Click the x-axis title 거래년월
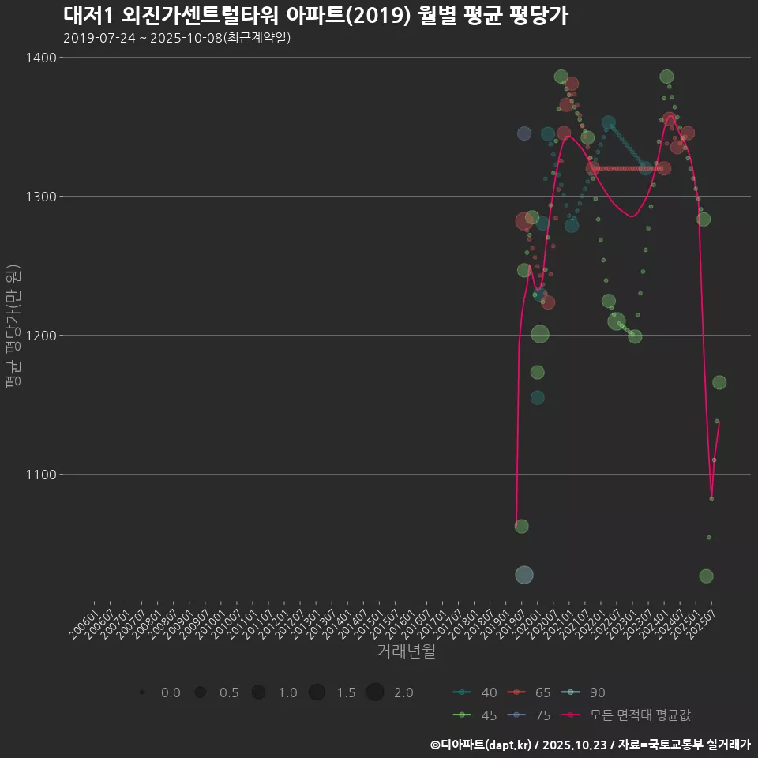407,651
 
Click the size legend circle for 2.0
375,692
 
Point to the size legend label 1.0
287,692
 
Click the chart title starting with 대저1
315,16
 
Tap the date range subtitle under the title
177,38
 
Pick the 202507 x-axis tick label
701,617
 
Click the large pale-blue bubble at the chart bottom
524,575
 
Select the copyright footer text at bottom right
590,745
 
